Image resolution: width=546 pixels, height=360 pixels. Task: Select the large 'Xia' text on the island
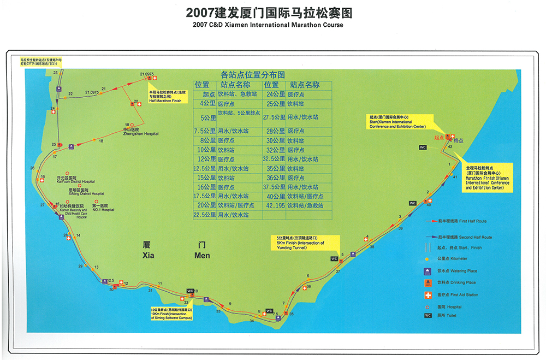click(x=149, y=255)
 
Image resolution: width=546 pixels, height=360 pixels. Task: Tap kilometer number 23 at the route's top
click(x=56, y=73)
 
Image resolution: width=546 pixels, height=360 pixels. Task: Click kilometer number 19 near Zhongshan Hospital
click(x=127, y=124)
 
